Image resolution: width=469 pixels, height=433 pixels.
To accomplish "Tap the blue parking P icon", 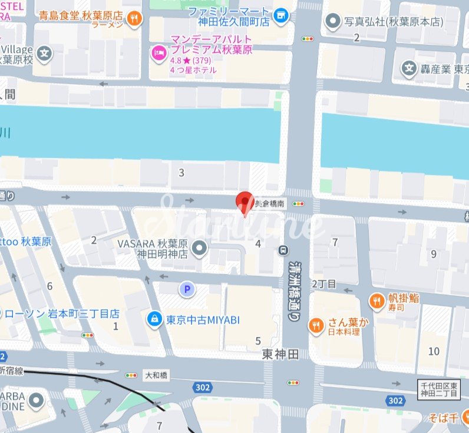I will [187, 289].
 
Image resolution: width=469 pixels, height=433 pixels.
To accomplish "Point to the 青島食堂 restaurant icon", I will [135, 18].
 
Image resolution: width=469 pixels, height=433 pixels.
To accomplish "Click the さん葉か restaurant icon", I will [317, 325].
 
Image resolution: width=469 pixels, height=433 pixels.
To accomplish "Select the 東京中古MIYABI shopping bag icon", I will [154, 319].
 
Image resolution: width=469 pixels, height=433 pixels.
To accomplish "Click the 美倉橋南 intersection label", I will [270, 204].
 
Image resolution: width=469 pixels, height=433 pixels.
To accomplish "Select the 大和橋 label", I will [156, 375].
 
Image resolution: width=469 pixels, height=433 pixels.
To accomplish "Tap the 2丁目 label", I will [323, 285].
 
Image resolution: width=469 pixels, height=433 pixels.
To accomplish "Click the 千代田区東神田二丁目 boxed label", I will [442, 389].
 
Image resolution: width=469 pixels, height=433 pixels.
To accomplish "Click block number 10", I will [434, 352].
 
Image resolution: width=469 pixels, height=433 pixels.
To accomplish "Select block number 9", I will [434, 254].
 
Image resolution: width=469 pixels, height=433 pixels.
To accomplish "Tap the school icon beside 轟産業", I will [409, 68].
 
